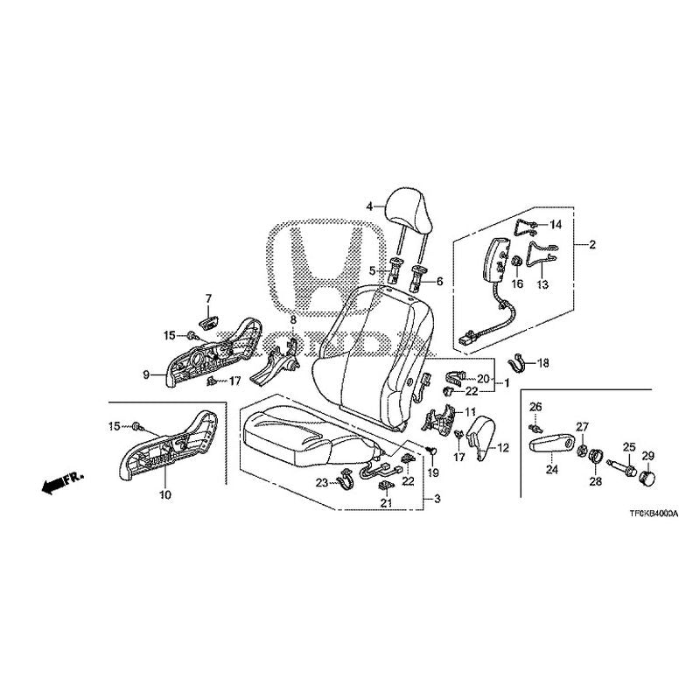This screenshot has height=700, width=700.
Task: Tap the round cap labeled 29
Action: (x=648, y=478)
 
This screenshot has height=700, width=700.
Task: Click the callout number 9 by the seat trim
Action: (x=147, y=374)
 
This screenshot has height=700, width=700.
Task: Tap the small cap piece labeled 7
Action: (x=208, y=322)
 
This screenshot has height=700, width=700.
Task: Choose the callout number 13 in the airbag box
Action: (x=542, y=284)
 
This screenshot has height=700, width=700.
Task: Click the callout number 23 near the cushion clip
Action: (x=320, y=483)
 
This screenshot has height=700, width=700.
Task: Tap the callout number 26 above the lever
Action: (x=535, y=406)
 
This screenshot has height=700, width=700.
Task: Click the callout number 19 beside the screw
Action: (x=431, y=472)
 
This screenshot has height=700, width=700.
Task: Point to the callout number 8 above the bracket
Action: (x=293, y=320)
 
